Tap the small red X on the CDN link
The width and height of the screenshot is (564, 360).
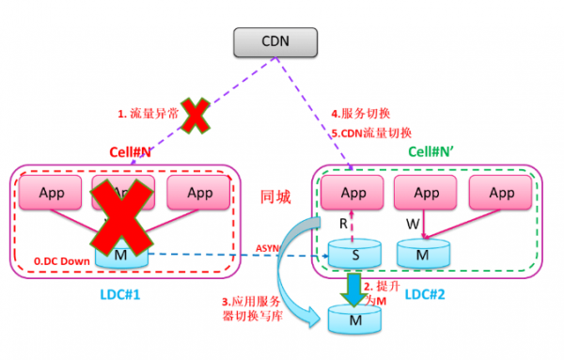(196, 117)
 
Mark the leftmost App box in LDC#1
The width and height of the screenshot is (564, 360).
(53, 193)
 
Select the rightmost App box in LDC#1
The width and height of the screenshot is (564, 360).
(200, 193)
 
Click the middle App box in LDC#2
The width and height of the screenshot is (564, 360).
(426, 193)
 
